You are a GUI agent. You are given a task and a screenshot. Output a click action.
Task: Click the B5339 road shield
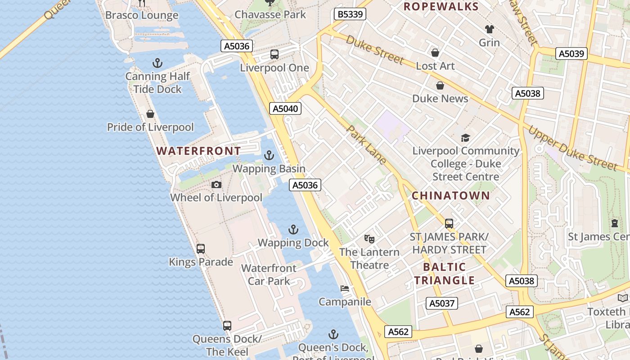[350, 14]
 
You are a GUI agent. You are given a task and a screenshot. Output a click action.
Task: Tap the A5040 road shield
[286, 108]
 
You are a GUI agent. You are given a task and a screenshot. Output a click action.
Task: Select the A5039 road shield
[571, 54]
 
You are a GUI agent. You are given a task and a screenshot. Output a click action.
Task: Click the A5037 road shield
[442, 303]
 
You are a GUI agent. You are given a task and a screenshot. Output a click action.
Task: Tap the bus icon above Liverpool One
[274, 54]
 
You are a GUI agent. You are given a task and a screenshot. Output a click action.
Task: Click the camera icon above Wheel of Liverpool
[216, 184]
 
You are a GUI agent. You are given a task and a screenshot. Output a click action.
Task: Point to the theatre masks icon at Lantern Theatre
[369, 238]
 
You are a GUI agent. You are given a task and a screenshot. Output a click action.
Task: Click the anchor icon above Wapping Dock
[293, 229]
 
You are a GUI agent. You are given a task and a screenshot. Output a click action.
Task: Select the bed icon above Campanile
[345, 288]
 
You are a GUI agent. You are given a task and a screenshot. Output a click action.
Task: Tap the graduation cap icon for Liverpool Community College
[465, 138]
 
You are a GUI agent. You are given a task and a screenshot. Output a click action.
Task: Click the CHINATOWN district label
[450, 195]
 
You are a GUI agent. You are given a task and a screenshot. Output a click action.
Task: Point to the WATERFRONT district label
[198, 151]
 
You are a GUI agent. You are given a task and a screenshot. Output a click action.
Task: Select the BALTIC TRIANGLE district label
[444, 274]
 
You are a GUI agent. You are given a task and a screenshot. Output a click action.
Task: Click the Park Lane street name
[366, 144]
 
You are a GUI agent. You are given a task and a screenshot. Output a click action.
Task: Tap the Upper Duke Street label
[572, 148]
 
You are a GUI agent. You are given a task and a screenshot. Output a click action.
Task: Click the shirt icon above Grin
[489, 29]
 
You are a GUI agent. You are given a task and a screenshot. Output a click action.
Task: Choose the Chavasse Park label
[270, 14]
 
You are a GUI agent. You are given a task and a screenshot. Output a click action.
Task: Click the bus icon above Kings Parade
[201, 248]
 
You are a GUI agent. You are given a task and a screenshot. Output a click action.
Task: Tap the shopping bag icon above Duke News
[440, 85]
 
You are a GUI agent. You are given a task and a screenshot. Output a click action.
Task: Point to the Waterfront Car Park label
[269, 274]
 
